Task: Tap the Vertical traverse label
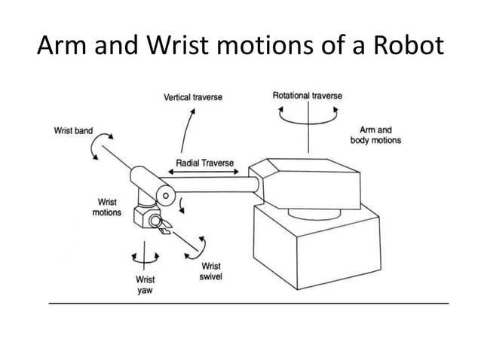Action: tap(193, 97)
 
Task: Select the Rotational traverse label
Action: tap(307, 96)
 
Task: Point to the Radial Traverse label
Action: tap(205, 163)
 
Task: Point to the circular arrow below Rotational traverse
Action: tap(308, 118)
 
